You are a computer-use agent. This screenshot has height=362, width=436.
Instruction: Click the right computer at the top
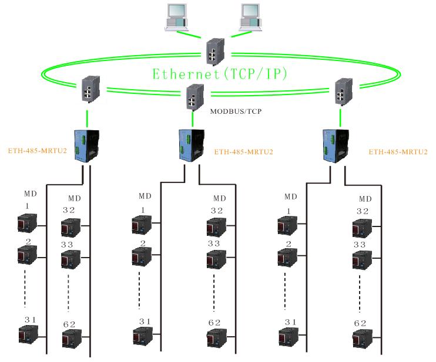click(248, 16)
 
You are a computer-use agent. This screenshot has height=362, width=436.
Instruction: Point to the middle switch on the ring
click(193, 97)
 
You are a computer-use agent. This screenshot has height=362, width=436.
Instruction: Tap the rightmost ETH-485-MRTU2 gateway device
click(333, 143)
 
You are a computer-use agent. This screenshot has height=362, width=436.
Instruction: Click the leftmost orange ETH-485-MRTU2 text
click(37, 151)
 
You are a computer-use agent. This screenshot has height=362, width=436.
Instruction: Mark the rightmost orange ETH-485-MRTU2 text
click(398, 151)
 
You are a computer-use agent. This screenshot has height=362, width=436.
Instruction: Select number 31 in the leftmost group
click(30, 319)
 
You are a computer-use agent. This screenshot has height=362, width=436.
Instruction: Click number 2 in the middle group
click(143, 243)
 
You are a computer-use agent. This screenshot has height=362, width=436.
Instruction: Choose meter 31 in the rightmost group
click(288, 339)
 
